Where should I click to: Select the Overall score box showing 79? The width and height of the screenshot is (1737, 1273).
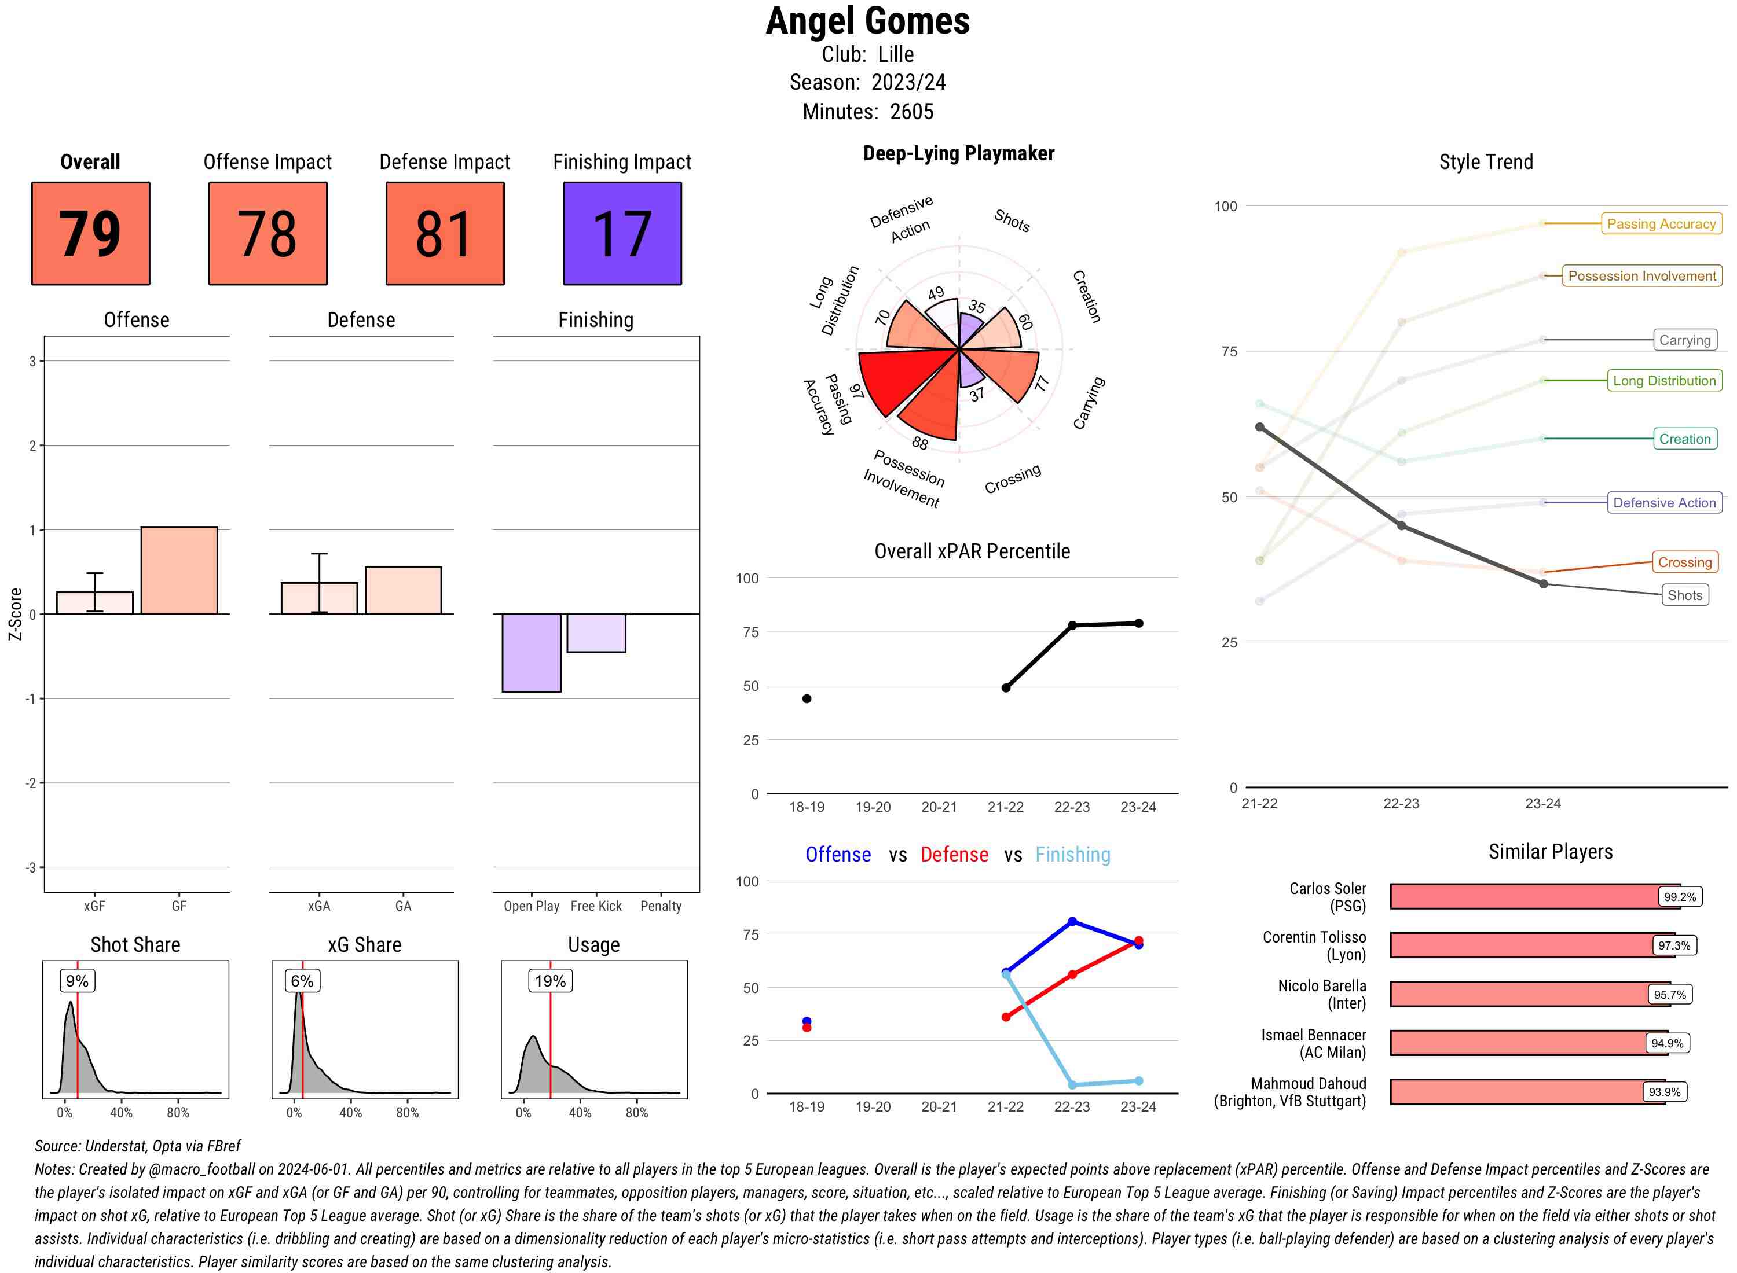pos(90,234)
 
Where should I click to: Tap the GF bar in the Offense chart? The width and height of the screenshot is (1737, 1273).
pos(179,570)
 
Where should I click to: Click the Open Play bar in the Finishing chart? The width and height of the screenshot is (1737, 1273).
pos(531,653)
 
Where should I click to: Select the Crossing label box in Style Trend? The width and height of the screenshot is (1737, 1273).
pos(1684,562)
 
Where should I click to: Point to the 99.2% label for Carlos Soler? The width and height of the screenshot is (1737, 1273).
pos(1679,897)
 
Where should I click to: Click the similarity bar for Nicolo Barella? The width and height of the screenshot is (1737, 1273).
pos(1519,994)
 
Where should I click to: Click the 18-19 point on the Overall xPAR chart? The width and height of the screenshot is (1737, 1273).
pos(807,699)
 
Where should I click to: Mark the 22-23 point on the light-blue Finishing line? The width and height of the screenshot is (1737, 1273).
pos(1072,1085)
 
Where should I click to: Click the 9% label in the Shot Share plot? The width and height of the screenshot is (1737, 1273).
pos(77,981)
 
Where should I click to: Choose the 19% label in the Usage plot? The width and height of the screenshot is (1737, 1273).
pos(549,981)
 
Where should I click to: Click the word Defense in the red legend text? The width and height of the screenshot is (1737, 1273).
pos(954,855)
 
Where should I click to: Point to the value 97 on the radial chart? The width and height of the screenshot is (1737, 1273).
pos(856,392)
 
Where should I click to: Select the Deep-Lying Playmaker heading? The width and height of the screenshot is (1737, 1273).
pos(958,153)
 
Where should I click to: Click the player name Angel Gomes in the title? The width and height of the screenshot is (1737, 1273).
pos(867,21)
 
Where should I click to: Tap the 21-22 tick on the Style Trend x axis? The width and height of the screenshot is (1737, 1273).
pos(1259,804)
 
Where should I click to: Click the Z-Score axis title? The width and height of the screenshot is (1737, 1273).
pos(14,614)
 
